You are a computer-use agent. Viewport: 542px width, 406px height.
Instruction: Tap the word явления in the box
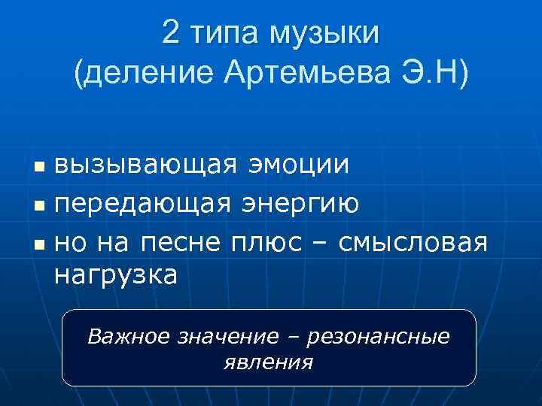[x=269, y=362]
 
